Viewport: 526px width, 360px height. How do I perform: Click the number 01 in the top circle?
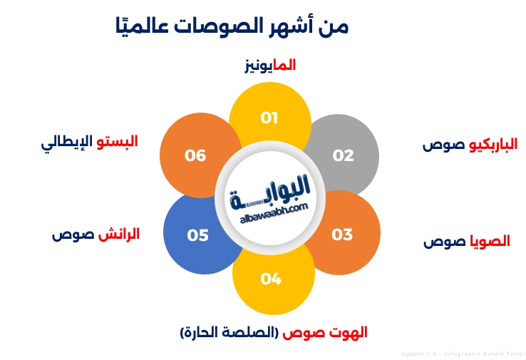269,118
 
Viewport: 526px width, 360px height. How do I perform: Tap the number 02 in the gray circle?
344,155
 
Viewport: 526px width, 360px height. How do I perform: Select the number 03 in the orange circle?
342,234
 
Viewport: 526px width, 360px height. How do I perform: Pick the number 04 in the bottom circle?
271,279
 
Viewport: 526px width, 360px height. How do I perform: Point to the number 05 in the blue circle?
198,235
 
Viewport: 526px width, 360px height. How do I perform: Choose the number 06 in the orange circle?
195,155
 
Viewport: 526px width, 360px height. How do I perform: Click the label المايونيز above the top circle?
269,66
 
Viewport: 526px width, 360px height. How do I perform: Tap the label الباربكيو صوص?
470,145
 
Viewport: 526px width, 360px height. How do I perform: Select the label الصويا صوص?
467,242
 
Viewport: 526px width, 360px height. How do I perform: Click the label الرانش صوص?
95,234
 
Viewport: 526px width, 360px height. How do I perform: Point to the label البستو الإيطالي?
88,140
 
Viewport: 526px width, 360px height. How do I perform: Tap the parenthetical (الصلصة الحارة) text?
230,332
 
